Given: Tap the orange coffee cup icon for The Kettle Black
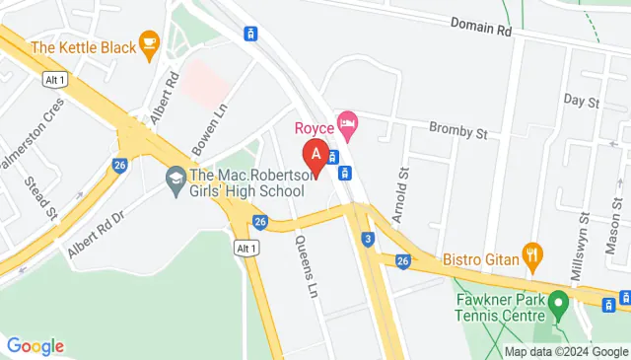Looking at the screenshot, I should (x=149, y=42).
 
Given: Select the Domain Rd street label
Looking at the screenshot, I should (x=482, y=28).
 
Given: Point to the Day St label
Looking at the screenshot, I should (x=582, y=102).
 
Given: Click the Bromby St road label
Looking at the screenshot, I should (x=458, y=128).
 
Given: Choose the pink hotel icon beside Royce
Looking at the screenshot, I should (x=346, y=124).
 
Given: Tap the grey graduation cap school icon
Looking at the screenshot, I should (x=176, y=180).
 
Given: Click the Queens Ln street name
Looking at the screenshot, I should (x=306, y=267).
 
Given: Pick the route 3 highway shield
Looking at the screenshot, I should (x=367, y=238).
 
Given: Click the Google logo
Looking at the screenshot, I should (x=35, y=345).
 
